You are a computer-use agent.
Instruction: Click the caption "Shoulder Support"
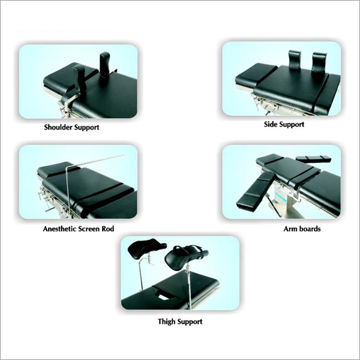pos(71,127)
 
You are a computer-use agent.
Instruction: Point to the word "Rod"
pos(106,229)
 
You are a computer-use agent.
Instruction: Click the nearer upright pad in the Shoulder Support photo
pos(79,78)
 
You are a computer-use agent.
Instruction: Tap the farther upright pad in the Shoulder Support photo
pos(106,65)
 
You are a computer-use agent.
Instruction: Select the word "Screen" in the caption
pos(88,229)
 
